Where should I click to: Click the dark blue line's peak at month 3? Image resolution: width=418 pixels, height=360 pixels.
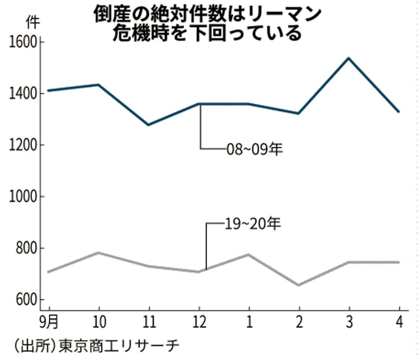(x=349, y=58)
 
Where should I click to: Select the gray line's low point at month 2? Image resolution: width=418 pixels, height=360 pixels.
(x=299, y=285)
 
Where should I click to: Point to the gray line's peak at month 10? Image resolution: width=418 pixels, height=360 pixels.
(x=98, y=253)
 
